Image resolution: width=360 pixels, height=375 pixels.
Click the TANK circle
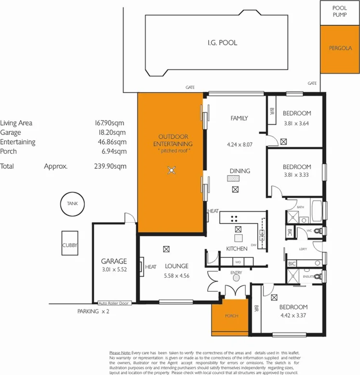point(72,204)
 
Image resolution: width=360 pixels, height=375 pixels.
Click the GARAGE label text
point(114,261)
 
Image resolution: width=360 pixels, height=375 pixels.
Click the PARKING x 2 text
point(93,312)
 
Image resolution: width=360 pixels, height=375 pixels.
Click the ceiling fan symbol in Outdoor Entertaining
point(170,169)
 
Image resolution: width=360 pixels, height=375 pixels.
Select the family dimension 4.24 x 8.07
point(239,143)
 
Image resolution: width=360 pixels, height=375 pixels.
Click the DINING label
point(239,171)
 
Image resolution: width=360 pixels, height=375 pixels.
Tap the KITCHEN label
point(237,249)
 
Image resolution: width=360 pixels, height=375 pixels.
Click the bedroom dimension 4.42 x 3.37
point(293,316)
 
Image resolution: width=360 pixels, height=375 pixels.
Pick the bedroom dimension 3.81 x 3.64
point(296,122)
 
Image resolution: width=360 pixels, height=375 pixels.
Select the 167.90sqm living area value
point(110,123)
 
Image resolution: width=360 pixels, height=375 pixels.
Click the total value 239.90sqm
point(110,166)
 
